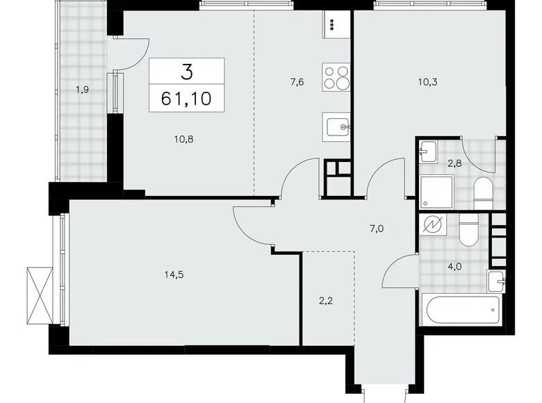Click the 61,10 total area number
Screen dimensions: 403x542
(x=186, y=98)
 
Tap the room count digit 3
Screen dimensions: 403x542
(x=186, y=72)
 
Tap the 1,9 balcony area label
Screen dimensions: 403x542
(x=83, y=88)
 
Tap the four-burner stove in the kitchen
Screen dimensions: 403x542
(x=337, y=77)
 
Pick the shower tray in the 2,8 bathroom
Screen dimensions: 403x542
(x=437, y=190)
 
